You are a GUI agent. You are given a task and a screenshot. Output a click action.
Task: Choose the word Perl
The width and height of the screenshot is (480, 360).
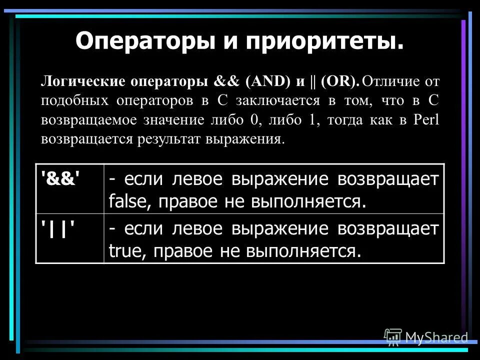(426, 119)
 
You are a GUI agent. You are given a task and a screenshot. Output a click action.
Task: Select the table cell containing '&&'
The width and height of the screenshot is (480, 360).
(69, 189)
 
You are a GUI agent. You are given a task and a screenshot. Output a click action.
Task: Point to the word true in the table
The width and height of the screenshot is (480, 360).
(123, 250)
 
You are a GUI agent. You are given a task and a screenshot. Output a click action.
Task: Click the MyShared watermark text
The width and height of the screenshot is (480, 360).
(436, 337)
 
